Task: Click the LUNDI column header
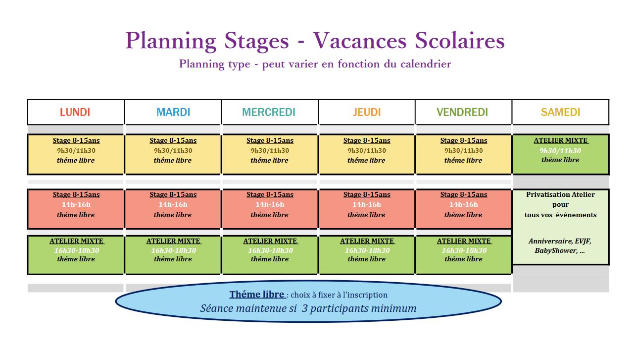tap(75, 112)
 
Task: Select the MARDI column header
tap(173, 112)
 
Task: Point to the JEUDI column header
tap(367, 112)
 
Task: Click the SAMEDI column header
tap(560, 112)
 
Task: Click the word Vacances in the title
tap(360, 41)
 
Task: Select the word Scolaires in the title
tap(460, 41)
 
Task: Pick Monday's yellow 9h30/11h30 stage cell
tap(76, 154)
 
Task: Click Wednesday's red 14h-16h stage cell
tap(270, 209)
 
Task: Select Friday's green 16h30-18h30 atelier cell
tap(464, 255)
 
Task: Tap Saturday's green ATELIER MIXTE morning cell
tap(560, 154)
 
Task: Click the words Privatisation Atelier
tap(560, 194)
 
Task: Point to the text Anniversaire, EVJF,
tap(560, 241)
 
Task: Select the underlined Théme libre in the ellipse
tap(257, 295)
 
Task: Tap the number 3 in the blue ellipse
tap(304, 308)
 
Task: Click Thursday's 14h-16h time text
tap(367, 204)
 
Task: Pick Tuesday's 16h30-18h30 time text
tap(174, 250)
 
